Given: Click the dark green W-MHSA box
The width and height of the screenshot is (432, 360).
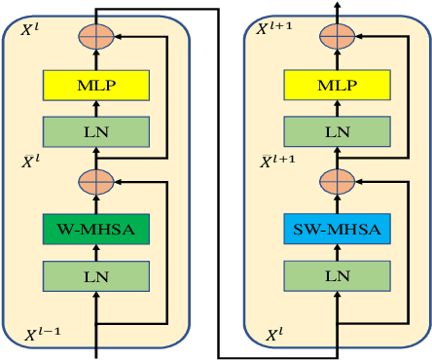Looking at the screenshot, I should tap(95, 230).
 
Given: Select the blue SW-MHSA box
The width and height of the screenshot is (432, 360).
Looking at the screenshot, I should tap(337, 230).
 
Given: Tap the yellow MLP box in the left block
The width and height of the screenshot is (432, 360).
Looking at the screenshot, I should tap(95, 85).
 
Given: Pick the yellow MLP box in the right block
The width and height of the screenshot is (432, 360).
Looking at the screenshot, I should tap(337, 85).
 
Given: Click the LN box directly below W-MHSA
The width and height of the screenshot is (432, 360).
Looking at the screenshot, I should tap(95, 275).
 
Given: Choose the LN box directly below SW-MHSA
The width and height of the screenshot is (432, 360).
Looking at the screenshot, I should tap(337, 275).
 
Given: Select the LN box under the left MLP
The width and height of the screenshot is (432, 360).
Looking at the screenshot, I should tap(95, 130).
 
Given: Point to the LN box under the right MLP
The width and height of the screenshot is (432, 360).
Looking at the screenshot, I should tap(337, 130).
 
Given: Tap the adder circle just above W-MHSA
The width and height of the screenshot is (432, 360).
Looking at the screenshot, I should tap(95, 182).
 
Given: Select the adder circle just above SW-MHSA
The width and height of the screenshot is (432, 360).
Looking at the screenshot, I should tap(337, 182).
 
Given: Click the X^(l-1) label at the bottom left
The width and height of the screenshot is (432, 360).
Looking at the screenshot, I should tap(43, 335).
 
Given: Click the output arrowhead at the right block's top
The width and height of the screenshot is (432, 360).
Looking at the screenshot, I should tap(337, 6).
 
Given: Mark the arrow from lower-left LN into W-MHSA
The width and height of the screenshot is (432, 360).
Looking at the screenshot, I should tap(95, 252).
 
